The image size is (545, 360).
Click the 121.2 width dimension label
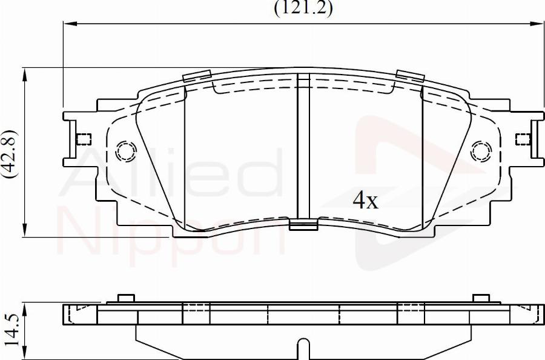(x=303, y=8)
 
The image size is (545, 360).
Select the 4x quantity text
(x=365, y=201)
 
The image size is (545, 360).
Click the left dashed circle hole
(x=127, y=150)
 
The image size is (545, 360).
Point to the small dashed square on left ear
(x=84, y=139)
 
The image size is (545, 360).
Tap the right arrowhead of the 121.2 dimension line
(x=537, y=24)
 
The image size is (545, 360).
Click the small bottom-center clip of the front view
(x=303, y=226)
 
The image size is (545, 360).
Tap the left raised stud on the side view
(x=125, y=298)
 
